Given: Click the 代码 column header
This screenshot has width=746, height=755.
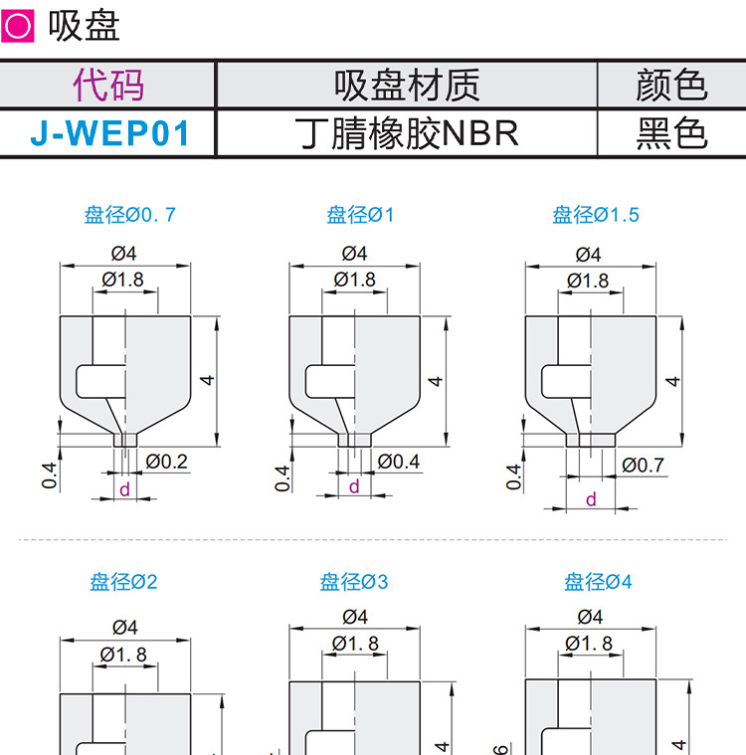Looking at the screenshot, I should pyautogui.click(x=108, y=86).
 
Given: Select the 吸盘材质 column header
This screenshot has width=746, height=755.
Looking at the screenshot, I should pyautogui.click(x=407, y=86).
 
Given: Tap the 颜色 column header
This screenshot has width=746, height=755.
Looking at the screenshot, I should pyautogui.click(x=670, y=86).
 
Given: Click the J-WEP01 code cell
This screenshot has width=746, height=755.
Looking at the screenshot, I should pyautogui.click(x=108, y=132).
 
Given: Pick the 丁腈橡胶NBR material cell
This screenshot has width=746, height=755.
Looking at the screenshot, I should pyautogui.click(x=407, y=132).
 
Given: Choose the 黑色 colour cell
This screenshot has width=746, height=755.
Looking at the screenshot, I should pyautogui.click(x=670, y=132).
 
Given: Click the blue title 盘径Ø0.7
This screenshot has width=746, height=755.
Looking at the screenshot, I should pyautogui.click(x=129, y=214).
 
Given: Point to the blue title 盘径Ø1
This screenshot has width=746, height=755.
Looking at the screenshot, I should pyautogui.click(x=360, y=214).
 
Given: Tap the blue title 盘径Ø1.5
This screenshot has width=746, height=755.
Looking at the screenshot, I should pyautogui.click(x=596, y=214).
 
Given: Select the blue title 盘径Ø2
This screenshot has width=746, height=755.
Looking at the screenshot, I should pyautogui.click(x=123, y=582).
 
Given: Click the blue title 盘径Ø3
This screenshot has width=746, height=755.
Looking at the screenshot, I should pyautogui.click(x=354, y=582).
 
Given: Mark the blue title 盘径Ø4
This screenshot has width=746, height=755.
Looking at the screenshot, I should pyautogui.click(x=598, y=582).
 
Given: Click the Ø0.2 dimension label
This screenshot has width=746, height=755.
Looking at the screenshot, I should pyautogui.click(x=166, y=461).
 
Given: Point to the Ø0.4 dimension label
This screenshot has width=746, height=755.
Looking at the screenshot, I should pyautogui.click(x=399, y=461).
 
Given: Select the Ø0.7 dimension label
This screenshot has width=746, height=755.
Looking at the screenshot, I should pyautogui.click(x=643, y=464).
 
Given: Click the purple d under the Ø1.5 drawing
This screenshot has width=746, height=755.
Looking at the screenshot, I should pyautogui.click(x=591, y=499).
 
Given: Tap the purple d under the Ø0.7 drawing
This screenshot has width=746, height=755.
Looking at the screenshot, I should pyautogui.click(x=124, y=488).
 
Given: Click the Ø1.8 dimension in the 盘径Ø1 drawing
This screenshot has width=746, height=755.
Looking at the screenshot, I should pyautogui.click(x=355, y=280).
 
